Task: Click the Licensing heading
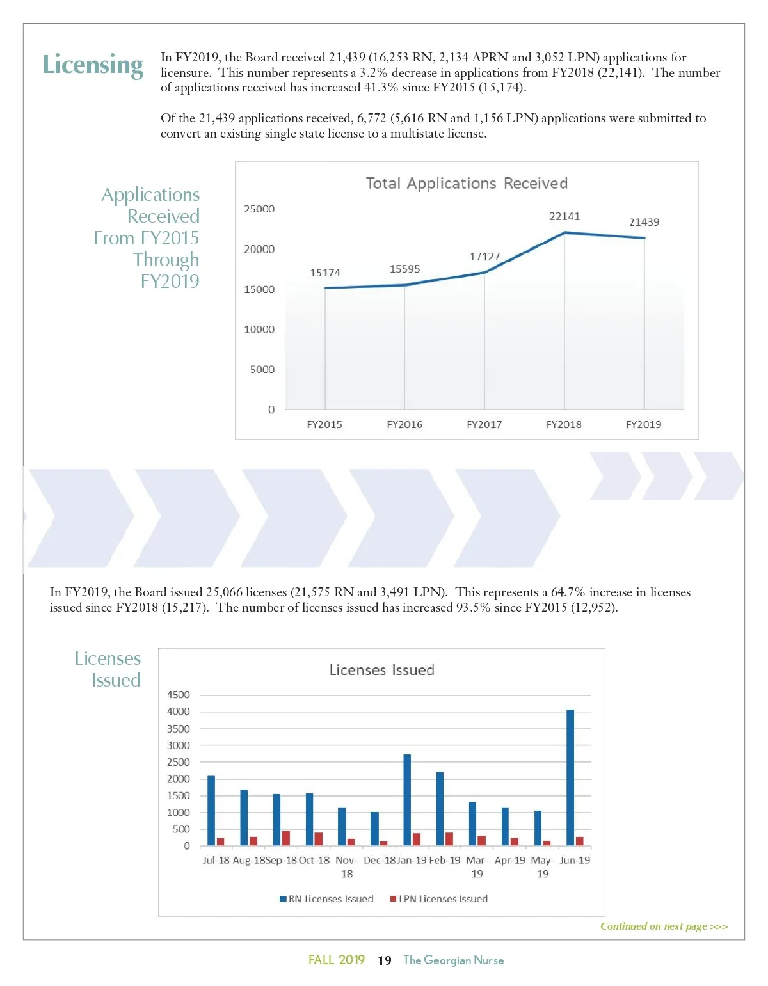coord(93,65)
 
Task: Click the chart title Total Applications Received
coord(467,184)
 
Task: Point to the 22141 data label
coord(564,216)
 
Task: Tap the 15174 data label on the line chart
coord(325,273)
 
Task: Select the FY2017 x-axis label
coord(484,424)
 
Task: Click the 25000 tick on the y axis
coord(259,209)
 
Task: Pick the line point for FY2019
coord(644,238)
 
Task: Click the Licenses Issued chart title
coord(381,670)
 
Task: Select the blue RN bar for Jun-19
coord(570,777)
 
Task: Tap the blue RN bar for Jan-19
coord(407,800)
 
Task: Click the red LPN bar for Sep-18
coord(286,838)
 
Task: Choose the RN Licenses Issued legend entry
coord(326,899)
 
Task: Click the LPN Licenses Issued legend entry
coord(439,899)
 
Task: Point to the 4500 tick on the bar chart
coord(179,695)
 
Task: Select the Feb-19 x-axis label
coord(445,861)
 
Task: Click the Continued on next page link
coord(664,926)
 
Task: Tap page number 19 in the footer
coord(385,960)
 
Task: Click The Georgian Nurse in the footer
coord(453,960)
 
